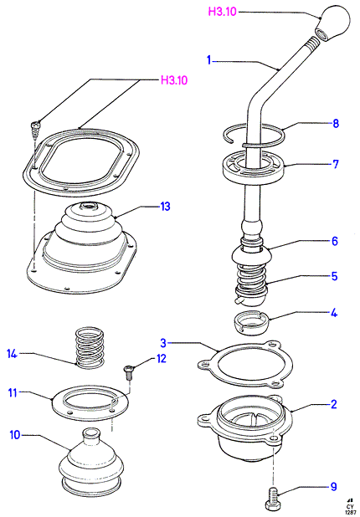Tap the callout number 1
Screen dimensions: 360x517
208,60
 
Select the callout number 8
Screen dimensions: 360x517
336,124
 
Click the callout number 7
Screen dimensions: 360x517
336,164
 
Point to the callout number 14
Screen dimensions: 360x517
12,354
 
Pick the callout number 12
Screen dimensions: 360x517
162,358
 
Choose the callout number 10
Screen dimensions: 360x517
15,434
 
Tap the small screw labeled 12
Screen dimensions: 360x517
128,373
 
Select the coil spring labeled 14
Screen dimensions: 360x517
90,347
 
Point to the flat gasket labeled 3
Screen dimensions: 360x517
244,365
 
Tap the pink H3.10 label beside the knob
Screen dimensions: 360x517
222,12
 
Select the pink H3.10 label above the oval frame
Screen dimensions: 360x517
174,80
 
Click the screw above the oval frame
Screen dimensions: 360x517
35,131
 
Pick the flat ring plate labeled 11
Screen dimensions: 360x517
90,402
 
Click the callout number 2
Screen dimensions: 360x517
333,404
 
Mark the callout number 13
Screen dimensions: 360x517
165,207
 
